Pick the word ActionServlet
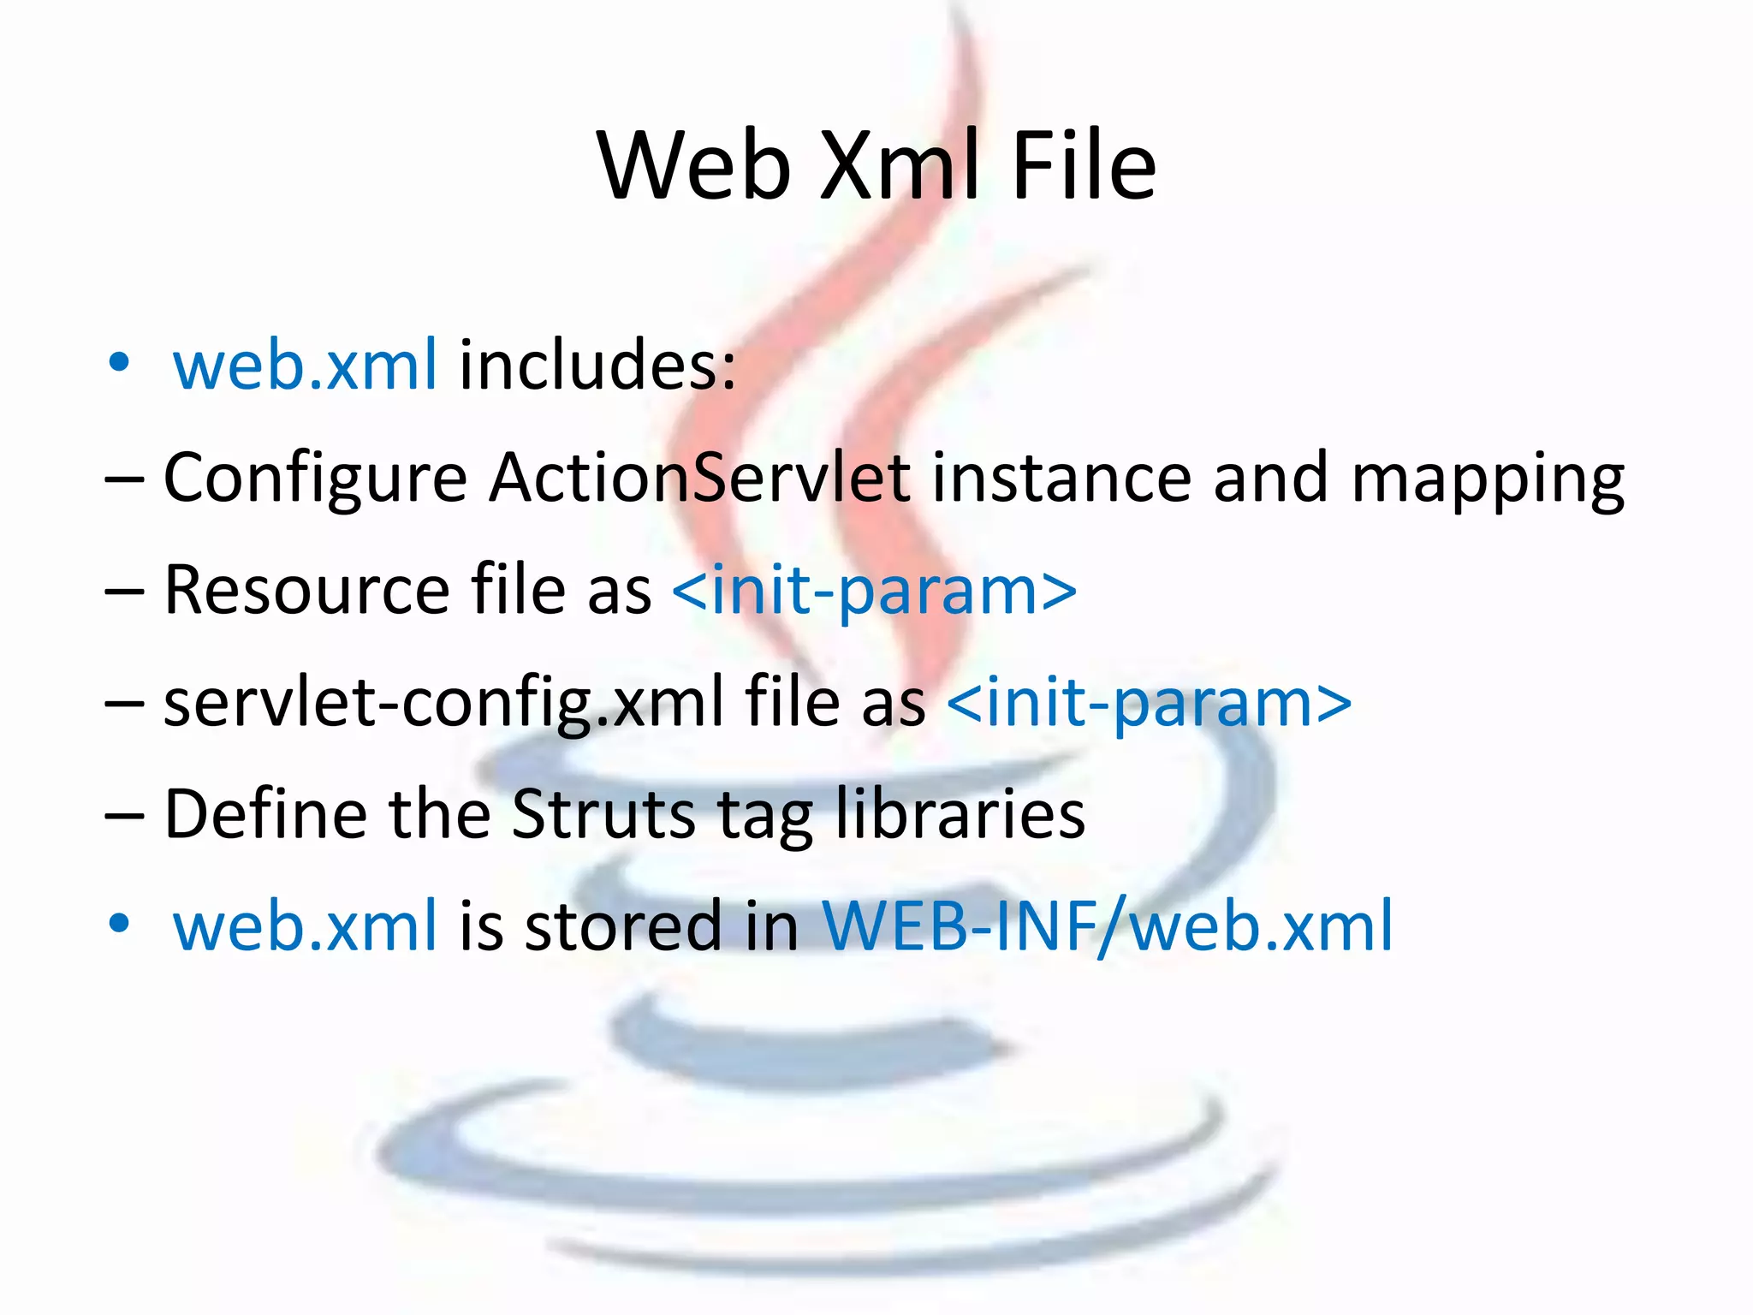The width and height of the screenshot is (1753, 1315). pos(700,477)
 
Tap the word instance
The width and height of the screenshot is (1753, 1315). pos(1061,477)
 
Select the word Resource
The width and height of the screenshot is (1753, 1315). pos(306,590)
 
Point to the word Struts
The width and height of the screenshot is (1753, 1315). pos(604,813)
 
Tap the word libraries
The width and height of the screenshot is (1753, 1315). pos(960,813)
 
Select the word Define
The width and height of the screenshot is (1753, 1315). pos(265,813)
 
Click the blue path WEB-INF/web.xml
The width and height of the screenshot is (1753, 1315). pos(1108,926)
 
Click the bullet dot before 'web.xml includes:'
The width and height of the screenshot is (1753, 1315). pos(119,363)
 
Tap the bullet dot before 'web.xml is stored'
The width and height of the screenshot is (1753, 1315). pos(119,924)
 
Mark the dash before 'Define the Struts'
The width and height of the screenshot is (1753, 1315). pos(125,816)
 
